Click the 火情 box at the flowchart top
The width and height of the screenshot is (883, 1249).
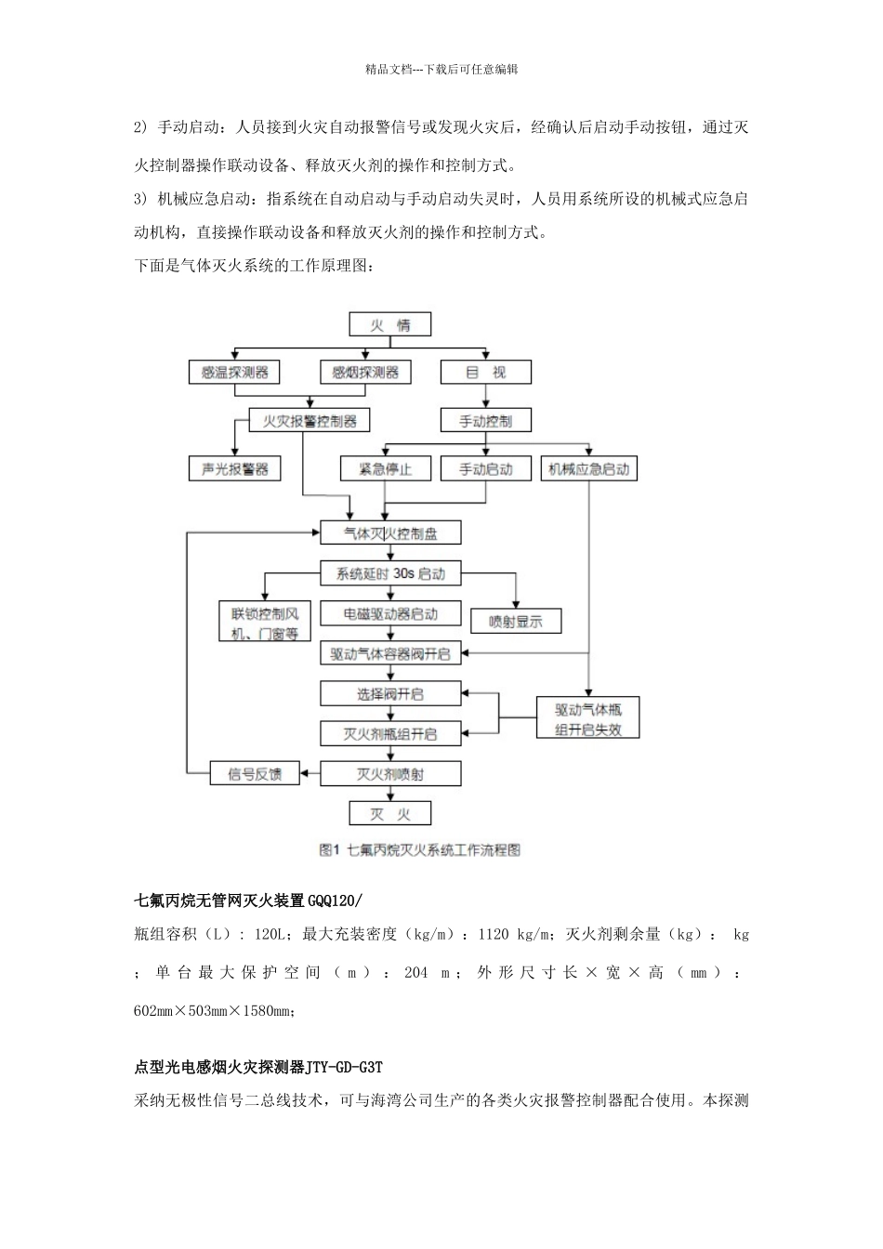[390, 325]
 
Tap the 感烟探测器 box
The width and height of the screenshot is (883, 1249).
[365, 373]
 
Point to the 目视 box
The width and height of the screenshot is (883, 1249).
[485, 373]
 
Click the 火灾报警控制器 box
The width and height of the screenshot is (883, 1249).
[310, 421]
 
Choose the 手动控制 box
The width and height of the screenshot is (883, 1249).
[485, 421]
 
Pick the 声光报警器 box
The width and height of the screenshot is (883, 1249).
[234, 469]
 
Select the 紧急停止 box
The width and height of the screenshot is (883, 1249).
[385, 469]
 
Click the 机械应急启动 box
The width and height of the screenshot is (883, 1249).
[588, 469]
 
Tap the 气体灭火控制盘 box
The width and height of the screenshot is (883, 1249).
[390, 533]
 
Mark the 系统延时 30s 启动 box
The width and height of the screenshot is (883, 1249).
[390, 574]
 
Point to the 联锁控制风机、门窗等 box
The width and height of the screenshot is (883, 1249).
[265, 623]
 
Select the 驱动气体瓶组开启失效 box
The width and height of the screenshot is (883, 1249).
[588, 718]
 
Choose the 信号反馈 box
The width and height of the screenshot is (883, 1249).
[254, 773]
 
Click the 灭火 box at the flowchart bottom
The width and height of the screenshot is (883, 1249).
[390, 814]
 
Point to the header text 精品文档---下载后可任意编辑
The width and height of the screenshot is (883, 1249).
[441, 69]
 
